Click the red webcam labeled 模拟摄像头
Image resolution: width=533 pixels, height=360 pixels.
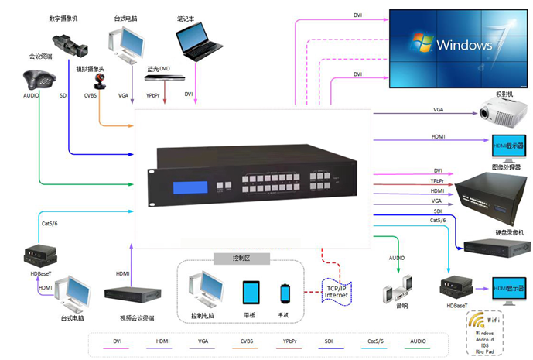101,84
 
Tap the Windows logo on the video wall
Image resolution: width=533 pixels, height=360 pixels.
421,43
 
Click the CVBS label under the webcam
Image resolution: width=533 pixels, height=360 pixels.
91,95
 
